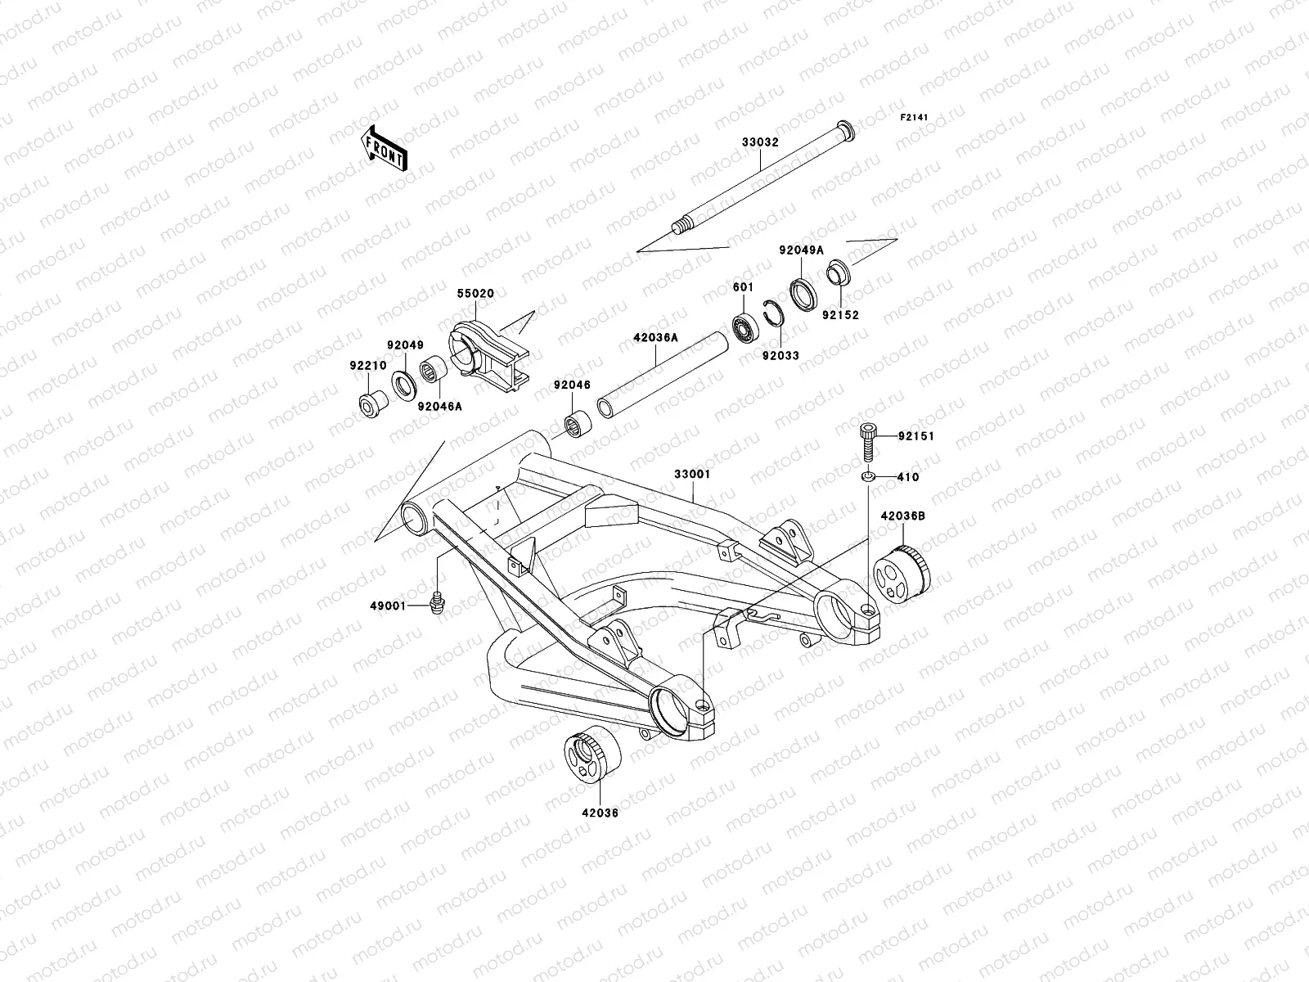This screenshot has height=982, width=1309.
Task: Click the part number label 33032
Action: click(760, 142)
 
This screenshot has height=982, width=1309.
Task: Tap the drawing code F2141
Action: click(914, 118)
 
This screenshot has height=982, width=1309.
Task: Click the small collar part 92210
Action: click(375, 403)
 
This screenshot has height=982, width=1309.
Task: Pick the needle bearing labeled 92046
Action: click(578, 426)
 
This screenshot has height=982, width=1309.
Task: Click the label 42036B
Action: click(902, 516)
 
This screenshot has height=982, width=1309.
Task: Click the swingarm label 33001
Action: click(692, 474)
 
